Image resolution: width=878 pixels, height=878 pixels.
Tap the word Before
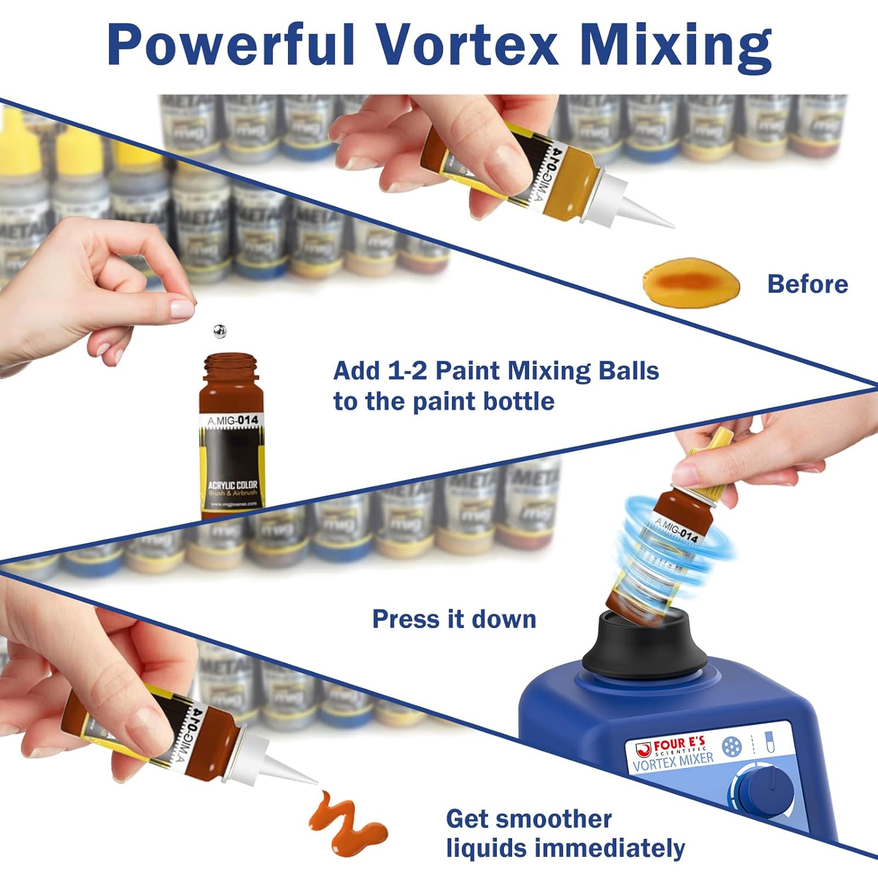pyautogui.click(x=807, y=284)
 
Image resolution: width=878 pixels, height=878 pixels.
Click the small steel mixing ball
pyautogui.click(x=220, y=332)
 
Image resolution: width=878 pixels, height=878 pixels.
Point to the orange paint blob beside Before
pyautogui.click(x=691, y=284)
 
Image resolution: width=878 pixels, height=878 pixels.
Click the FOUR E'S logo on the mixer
pyautogui.click(x=673, y=747)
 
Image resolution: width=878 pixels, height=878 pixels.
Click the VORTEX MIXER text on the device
pyautogui.click(x=673, y=762)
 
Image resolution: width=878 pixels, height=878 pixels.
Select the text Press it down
pyautogui.click(x=454, y=619)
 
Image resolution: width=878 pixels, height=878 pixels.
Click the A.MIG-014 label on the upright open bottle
pyautogui.click(x=232, y=420)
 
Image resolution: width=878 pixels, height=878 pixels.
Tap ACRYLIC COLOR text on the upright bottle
pyautogui.click(x=232, y=485)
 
